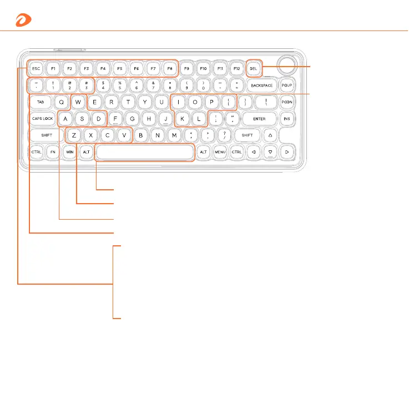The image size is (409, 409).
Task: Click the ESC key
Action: (37, 69)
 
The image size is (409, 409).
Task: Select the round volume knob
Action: (287, 64)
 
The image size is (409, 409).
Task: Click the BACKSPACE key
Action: (261, 85)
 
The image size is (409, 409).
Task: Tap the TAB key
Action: (41, 102)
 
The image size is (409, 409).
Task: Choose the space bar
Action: (145, 152)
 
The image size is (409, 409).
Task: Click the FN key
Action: (53, 152)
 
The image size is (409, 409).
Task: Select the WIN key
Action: (70, 152)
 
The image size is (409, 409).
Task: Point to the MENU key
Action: (220, 152)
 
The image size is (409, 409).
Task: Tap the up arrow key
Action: (270, 135)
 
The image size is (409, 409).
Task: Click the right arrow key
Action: (287, 152)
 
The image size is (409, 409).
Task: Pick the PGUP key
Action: (287, 85)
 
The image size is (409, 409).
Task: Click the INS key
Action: (287, 119)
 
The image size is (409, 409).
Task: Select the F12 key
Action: (237, 69)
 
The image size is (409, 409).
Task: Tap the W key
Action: (79, 102)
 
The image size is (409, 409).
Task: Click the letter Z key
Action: (74, 135)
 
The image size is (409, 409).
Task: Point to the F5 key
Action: (119, 69)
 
